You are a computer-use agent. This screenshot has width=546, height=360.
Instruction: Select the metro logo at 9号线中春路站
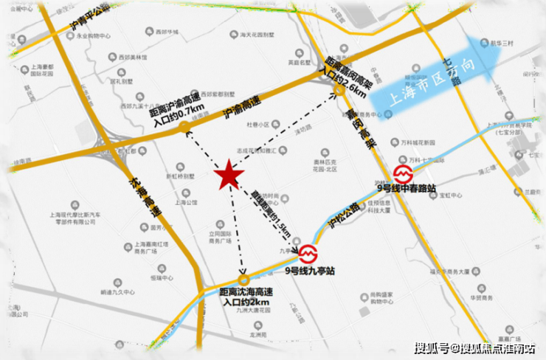click(x=404, y=175)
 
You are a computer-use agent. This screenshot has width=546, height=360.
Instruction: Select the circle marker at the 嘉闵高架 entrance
click(x=339, y=90)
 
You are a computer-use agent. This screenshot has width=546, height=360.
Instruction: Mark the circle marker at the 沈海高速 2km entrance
click(x=243, y=281)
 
